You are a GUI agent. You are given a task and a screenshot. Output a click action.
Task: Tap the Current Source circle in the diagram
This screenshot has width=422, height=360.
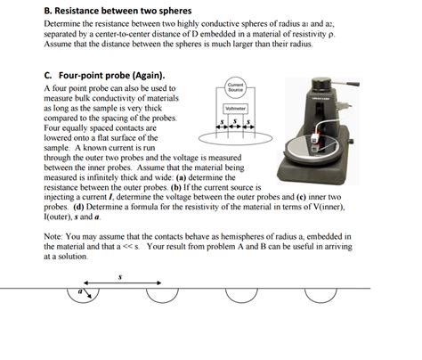235,89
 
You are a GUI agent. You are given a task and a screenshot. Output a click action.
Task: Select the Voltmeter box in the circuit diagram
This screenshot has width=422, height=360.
235,109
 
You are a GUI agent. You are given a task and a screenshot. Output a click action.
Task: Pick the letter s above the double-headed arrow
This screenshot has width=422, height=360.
122,277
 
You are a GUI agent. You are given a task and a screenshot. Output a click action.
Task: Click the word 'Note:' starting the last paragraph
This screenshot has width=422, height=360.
55,236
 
